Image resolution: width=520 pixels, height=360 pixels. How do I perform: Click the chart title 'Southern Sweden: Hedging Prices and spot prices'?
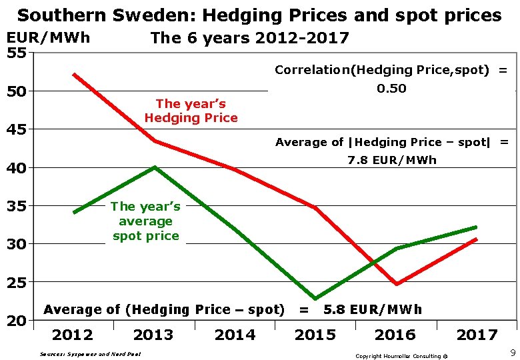(259, 15)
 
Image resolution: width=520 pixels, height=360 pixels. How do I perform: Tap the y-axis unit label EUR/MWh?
(48, 38)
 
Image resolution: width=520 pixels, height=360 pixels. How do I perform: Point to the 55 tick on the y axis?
(16, 52)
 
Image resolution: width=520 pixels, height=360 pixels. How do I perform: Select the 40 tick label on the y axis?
(16, 168)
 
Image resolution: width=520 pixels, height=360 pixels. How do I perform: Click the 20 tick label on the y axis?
(16, 321)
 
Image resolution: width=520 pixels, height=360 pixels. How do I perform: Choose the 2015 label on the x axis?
(315, 335)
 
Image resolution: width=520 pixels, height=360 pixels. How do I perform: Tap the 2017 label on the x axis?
(477, 335)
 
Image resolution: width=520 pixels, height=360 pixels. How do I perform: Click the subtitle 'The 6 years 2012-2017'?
(250, 38)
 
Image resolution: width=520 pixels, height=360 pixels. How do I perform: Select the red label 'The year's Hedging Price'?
(191, 111)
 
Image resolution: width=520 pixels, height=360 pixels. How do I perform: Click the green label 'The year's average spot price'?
(145, 221)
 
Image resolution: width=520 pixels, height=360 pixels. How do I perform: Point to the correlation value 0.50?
(391, 89)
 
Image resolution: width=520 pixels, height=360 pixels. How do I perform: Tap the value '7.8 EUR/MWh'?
(392, 160)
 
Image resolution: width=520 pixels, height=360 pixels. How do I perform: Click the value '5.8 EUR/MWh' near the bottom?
(373, 309)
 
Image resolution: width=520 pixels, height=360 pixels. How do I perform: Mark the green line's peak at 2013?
(154, 167)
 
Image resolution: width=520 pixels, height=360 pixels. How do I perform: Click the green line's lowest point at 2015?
(315, 299)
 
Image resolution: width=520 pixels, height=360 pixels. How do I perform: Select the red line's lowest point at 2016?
(396, 284)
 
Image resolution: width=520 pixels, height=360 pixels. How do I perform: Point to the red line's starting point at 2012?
(74, 75)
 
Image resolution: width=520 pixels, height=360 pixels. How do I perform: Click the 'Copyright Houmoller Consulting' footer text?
(401, 356)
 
